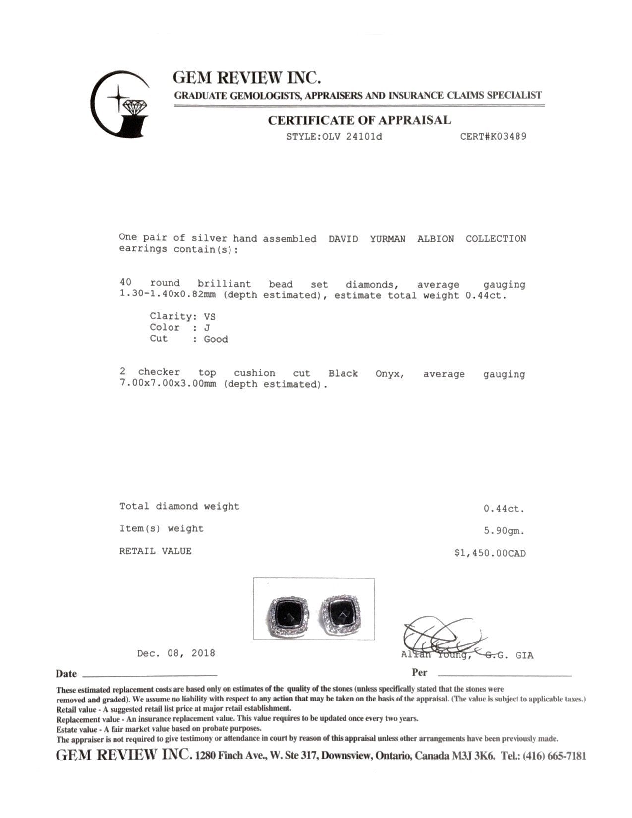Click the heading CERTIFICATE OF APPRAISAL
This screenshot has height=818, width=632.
[x=359, y=120]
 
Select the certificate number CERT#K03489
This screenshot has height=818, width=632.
[x=493, y=136]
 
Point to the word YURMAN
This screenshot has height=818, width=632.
[x=388, y=239]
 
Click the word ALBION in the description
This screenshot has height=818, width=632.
[x=435, y=239]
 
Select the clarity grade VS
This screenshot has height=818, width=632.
[x=210, y=316]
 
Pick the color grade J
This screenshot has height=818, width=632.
[x=207, y=328]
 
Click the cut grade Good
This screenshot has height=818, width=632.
[x=216, y=339]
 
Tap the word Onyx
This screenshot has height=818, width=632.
[x=390, y=374]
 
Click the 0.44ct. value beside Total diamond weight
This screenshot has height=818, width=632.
[x=504, y=509]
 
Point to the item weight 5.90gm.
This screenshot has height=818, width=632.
[x=504, y=531]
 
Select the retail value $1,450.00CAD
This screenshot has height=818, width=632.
[x=490, y=553]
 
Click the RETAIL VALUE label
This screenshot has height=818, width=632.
[x=155, y=551]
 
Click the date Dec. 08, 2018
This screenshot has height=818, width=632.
[x=176, y=653]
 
